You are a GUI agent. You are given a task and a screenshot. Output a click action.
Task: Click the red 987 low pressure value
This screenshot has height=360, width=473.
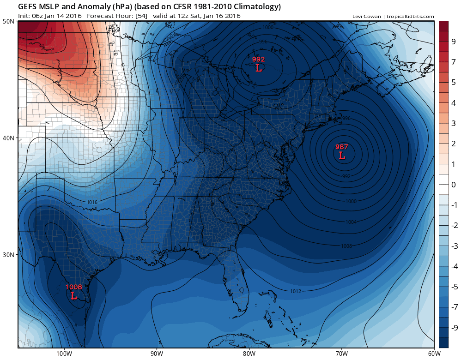pyautogui.click(x=341, y=147)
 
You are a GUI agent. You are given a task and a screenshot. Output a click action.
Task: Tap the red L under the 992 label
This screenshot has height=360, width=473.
pyautogui.click(x=258, y=68)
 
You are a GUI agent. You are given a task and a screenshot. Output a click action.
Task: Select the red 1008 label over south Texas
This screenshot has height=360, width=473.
pyautogui.click(x=73, y=287)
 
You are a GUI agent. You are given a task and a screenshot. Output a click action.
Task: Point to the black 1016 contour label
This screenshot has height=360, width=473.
pyautogui.click(x=92, y=202)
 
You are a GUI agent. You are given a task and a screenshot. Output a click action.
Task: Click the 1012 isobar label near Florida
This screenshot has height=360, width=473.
pyautogui.click(x=296, y=291)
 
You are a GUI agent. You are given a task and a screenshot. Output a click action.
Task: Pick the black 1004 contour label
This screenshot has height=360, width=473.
pyautogui.click(x=351, y=222)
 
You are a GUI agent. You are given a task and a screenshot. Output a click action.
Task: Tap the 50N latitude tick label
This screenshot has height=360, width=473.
pyautogui.click(x=8, y=21)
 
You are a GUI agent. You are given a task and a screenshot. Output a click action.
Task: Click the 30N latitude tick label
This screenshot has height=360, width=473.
pyautogui.click(x=8, y=255)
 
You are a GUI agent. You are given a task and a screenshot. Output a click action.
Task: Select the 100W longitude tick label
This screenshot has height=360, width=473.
pyautogui.click(x=64, y=354)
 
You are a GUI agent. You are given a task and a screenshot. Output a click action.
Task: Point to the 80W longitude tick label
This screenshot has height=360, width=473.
pyautogui.click(x=249, y=354)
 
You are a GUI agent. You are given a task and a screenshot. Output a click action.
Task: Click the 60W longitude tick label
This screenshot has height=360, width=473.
pyautogui.click(x=434, y=354)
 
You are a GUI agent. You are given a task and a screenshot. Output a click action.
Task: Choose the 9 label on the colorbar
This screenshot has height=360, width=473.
pyautogui.click(x=454, y=42)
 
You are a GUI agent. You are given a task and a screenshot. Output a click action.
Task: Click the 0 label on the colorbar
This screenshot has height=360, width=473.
pyautogui.click(x=454, y=185)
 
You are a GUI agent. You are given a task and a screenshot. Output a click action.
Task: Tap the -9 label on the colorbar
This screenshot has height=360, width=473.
pyautogui.click(x=455, y=328)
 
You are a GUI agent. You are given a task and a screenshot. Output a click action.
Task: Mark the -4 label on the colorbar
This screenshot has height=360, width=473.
pyautogui.click(x=455, y=266)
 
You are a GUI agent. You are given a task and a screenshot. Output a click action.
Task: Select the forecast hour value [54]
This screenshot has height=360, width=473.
pyautogui.click(x=141, y=16)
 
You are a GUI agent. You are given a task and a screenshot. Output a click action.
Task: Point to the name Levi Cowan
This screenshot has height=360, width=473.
pyautogui.click(x=367, y=17)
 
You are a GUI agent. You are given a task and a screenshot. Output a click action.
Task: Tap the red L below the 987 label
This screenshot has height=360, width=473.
pyautogui.click(x=342, y=156)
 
